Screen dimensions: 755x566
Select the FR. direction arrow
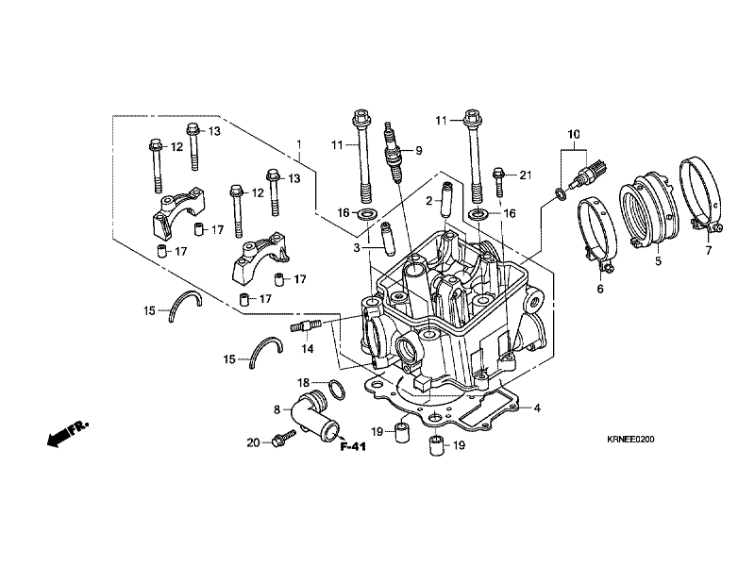click(67, 433)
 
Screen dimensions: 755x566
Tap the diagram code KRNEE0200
click(630, 440)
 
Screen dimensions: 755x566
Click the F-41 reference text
click(353, 446)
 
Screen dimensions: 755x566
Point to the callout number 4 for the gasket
click(537, 408)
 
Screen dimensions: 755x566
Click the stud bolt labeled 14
click(303, 325)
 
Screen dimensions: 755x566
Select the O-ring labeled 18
click(337, 390)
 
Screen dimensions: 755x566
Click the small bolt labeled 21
click(498, 182)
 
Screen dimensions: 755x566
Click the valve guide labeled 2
click(447, 200)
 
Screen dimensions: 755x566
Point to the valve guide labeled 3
click(388, 239)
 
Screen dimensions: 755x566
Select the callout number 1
click(299, 144)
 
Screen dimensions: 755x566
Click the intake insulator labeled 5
click(649, 210)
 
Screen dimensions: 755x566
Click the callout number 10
click(574, 134)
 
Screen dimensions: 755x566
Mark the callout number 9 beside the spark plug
click(418, 151)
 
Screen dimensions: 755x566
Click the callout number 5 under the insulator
click(658, 261)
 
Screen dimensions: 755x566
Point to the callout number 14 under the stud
click(308, 348)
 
